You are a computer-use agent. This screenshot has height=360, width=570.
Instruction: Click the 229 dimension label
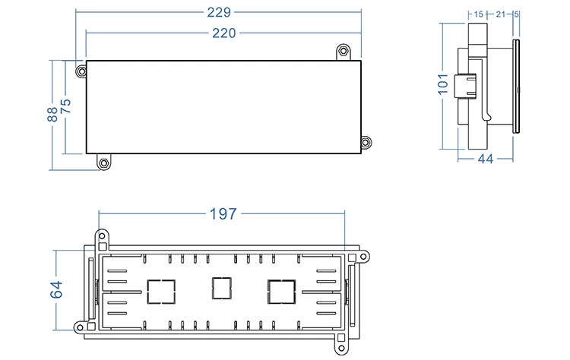coord(219,12)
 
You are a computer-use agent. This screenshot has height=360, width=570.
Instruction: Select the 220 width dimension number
coord(224,33)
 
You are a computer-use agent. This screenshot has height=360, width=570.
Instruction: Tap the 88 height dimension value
coord(52,115)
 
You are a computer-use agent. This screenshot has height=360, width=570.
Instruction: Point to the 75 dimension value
coord(66,106)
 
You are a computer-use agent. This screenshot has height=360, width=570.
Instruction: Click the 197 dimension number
coord(223,214)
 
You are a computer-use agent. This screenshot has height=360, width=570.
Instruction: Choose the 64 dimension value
coord(56,289)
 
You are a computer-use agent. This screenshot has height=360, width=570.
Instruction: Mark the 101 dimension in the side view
coord(443,84)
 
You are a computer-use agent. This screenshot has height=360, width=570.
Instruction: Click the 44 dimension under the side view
coord(486,159)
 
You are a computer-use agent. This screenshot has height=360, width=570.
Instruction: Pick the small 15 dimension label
coord(478,14)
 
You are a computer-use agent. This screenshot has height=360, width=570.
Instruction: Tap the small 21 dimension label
coord(501,14)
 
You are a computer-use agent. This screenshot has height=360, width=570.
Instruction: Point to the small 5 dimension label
coord(516,14)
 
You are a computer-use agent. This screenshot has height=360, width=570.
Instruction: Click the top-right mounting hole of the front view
coord(344,50)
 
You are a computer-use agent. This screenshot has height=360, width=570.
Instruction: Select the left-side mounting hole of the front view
coord(81,71)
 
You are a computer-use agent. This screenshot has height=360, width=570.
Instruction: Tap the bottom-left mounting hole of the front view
coord(104,163)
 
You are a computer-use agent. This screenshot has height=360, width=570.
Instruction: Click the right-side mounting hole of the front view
coord(366,142)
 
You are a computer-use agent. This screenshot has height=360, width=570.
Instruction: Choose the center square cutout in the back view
coord(222,288)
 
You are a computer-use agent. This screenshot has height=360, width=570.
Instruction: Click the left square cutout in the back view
coord(161,292)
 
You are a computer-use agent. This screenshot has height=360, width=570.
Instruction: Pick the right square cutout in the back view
coord(281,292)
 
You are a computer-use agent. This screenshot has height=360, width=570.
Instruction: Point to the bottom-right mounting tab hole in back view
coord(341,349)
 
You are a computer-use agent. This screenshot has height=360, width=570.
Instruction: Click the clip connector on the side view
coord(465,86)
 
